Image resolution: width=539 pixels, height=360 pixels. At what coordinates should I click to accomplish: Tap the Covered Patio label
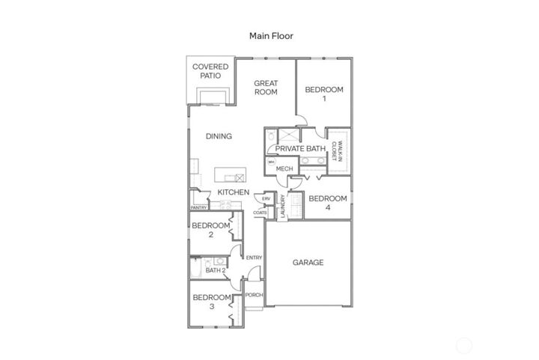[x=210, y=72]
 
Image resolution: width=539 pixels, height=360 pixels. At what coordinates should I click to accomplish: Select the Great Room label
[x=266, y=88]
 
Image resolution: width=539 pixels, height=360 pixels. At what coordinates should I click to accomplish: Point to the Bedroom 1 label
[x=324, y=94]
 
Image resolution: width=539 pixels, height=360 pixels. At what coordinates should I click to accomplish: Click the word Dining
[x=219, y=136]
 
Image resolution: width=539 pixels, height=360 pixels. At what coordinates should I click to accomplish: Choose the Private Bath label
[x=300, y=149]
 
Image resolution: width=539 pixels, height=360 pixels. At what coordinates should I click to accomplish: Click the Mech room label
[x=284, y=168]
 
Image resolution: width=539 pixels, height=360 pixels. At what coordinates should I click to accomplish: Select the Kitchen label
[x=234, y=192]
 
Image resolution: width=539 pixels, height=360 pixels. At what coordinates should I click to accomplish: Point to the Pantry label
[x=198, y=207]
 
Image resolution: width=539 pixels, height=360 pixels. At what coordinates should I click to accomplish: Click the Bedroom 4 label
[x=328, y=203]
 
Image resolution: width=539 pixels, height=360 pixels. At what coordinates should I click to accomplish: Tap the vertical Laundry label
[x=282, y=207]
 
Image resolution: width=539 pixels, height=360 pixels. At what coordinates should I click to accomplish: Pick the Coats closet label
[x=260, y=213]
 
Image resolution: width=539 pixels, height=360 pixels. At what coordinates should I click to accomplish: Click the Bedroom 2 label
[x=210, y=230]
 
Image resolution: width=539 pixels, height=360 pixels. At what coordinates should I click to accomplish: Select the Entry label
[x=254, y=258]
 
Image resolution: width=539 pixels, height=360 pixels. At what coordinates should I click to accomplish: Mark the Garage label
[x=308, y=263]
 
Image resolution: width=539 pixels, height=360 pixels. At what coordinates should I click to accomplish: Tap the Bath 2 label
[x=206, y=270]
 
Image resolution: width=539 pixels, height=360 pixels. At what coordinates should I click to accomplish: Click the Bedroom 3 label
[x=211, y=302]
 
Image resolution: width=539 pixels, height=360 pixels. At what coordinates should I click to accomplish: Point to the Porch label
[x=255, y=295]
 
